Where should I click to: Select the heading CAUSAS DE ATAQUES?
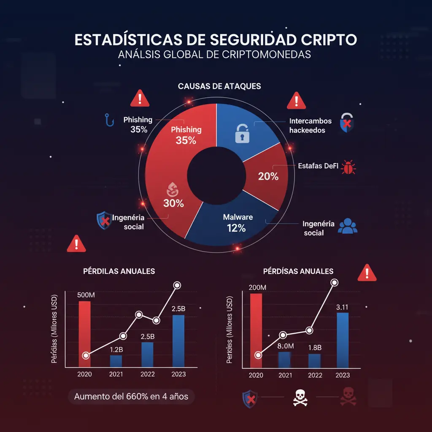[x=219, y=86]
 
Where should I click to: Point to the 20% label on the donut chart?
[x=268, y=177]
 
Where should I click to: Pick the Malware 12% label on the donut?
[x=237, y=223]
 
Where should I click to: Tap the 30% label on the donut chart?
[x=173, y=203]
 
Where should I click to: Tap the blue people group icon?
[x=348, y=226]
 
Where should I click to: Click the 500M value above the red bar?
[x=86, y=294]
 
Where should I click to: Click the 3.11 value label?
[x=342, y=308]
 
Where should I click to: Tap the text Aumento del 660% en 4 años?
[x=131, y=397]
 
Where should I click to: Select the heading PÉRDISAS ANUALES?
[x=298, y=271]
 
